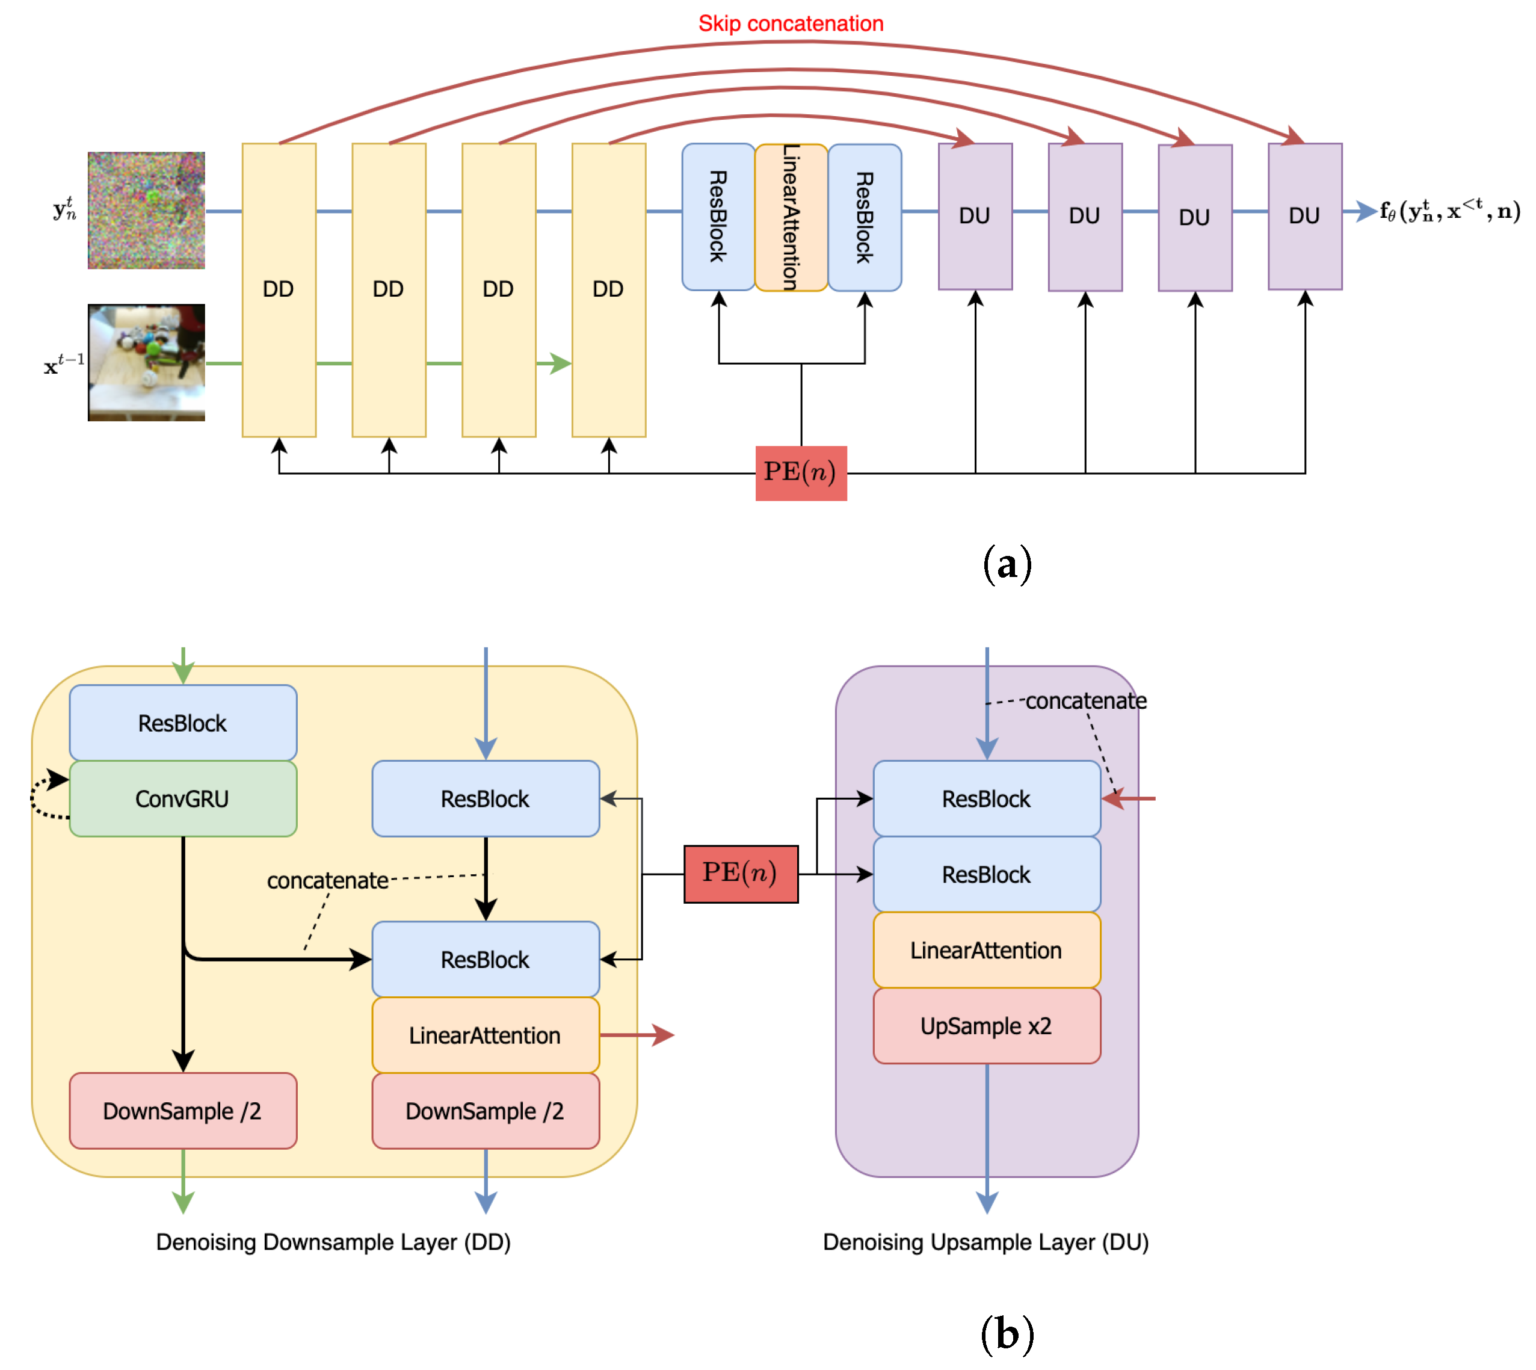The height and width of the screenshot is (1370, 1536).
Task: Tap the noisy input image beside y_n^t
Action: [146, 210]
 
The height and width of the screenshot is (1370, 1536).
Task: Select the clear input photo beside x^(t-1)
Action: [146, 362]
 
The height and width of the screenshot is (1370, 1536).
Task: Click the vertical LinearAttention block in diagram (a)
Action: [791, 217]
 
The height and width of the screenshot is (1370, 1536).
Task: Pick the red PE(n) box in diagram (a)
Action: [801, 473]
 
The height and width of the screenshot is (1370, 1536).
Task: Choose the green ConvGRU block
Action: [183, 798]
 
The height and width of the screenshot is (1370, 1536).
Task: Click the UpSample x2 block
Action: [986, 1025]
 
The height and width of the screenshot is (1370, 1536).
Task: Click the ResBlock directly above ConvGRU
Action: [183, 723]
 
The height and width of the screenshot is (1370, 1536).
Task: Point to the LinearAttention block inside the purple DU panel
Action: [986, 950]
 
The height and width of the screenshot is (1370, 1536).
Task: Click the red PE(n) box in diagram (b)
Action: [741, 873]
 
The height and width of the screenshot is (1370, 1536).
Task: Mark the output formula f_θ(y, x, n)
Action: [1449, 211]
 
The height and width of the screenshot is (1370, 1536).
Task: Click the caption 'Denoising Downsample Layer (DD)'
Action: [333, 1242]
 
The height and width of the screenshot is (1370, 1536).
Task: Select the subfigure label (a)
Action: [1007, 564]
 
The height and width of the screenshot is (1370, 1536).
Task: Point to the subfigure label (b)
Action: [1007, 1334]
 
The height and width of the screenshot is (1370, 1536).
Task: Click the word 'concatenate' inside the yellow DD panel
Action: [327, 880]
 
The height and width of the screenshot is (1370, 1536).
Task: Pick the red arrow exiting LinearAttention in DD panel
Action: [637, 1035]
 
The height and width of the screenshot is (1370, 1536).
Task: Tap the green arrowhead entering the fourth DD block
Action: [560, 363]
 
